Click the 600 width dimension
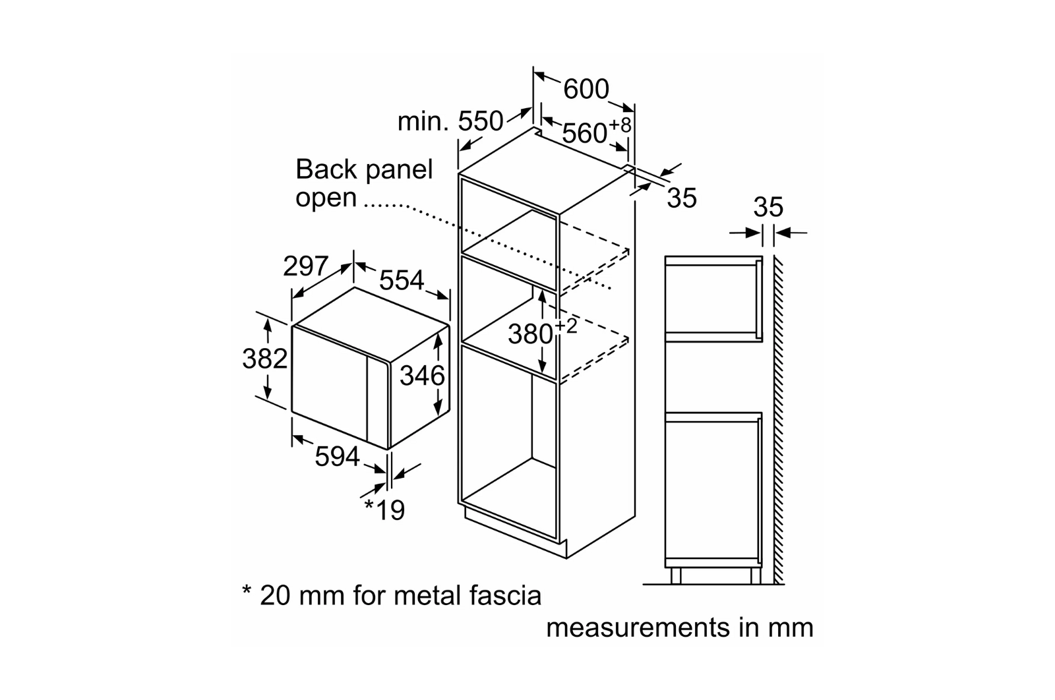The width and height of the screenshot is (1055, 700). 586,89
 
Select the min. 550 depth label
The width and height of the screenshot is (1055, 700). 450,121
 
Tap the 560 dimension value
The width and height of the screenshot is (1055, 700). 584,133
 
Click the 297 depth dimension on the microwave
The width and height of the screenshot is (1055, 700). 305,266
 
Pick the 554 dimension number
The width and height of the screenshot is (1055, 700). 401,280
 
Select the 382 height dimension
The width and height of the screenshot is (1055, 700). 264,359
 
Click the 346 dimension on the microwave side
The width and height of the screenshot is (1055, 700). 422,376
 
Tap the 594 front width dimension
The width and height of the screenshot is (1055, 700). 337,456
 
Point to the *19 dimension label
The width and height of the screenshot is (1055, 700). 384,509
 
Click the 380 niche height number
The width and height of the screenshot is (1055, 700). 530,334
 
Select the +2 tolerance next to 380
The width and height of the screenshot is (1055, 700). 566,326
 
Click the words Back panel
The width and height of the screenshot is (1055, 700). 364,169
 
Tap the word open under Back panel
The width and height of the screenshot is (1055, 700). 326,197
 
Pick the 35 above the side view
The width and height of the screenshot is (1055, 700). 768,207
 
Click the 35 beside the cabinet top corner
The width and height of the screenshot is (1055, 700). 681,198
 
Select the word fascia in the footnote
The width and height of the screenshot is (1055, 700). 503,595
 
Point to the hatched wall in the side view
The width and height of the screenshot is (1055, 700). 779,422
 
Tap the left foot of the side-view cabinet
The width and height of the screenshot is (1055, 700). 675,575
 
